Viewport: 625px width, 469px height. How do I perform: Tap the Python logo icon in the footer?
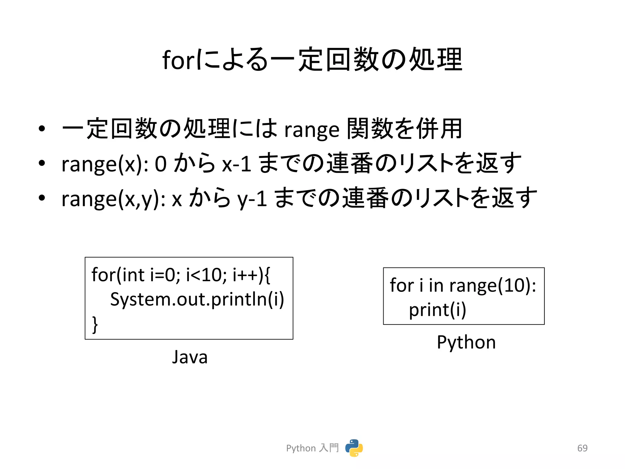click(x=354, y=448)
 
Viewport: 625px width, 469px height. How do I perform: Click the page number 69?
click(x=582, y=448)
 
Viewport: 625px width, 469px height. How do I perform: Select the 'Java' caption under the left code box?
click(x=190, y=357)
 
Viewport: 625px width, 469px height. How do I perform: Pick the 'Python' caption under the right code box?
click(x=466, y=342)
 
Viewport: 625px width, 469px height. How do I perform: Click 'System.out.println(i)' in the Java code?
click(x=197, y=299)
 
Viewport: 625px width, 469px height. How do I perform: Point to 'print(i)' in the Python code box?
click(x=437, y=310)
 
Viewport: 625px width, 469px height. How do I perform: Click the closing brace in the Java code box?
click(x=95, y=324)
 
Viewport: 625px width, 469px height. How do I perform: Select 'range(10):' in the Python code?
click(x=493, y=285)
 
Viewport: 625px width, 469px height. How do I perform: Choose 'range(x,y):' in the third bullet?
click(x=113, y=199)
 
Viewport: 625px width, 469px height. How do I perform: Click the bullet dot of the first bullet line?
click(x=42, y=129)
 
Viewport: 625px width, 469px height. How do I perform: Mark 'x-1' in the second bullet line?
click(x=237, y=164)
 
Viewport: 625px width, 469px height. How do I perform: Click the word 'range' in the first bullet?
click(x=312, y=130)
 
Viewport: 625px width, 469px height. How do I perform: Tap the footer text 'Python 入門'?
click(x=312, y=448)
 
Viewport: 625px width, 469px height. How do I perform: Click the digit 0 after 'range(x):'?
click(x=161, y=164)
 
